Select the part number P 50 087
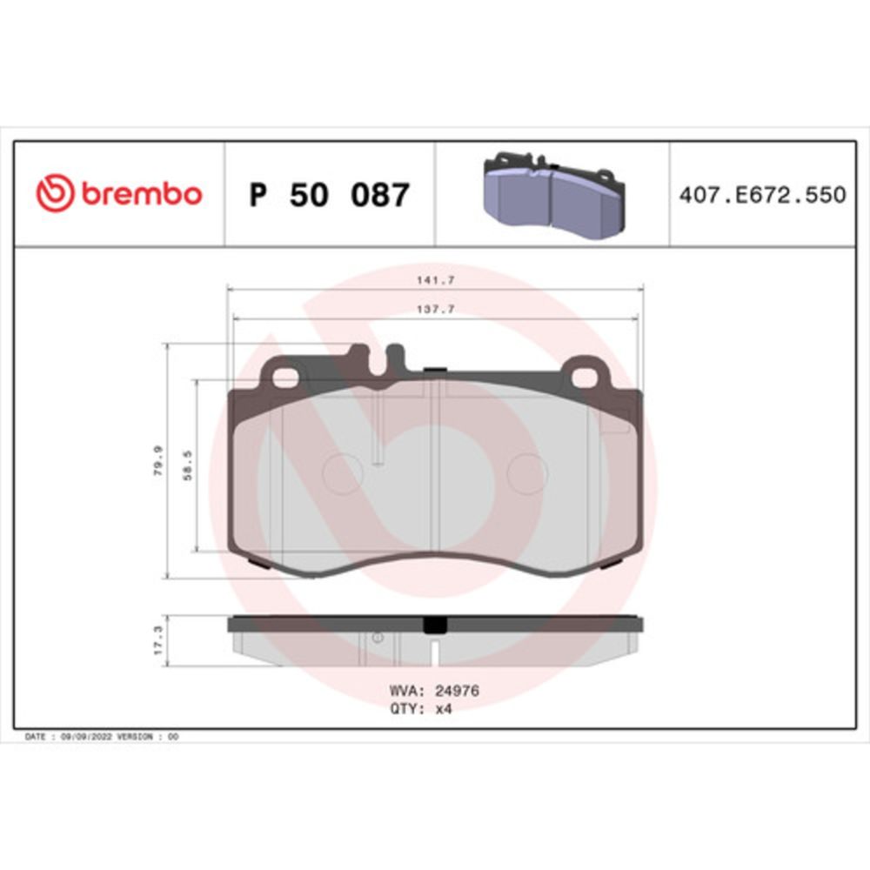[330, 195]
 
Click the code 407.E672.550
[763, 195]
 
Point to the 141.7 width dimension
[436, 280]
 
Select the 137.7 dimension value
[436, 309]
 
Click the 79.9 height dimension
[158, 460]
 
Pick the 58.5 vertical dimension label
[188, 465]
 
